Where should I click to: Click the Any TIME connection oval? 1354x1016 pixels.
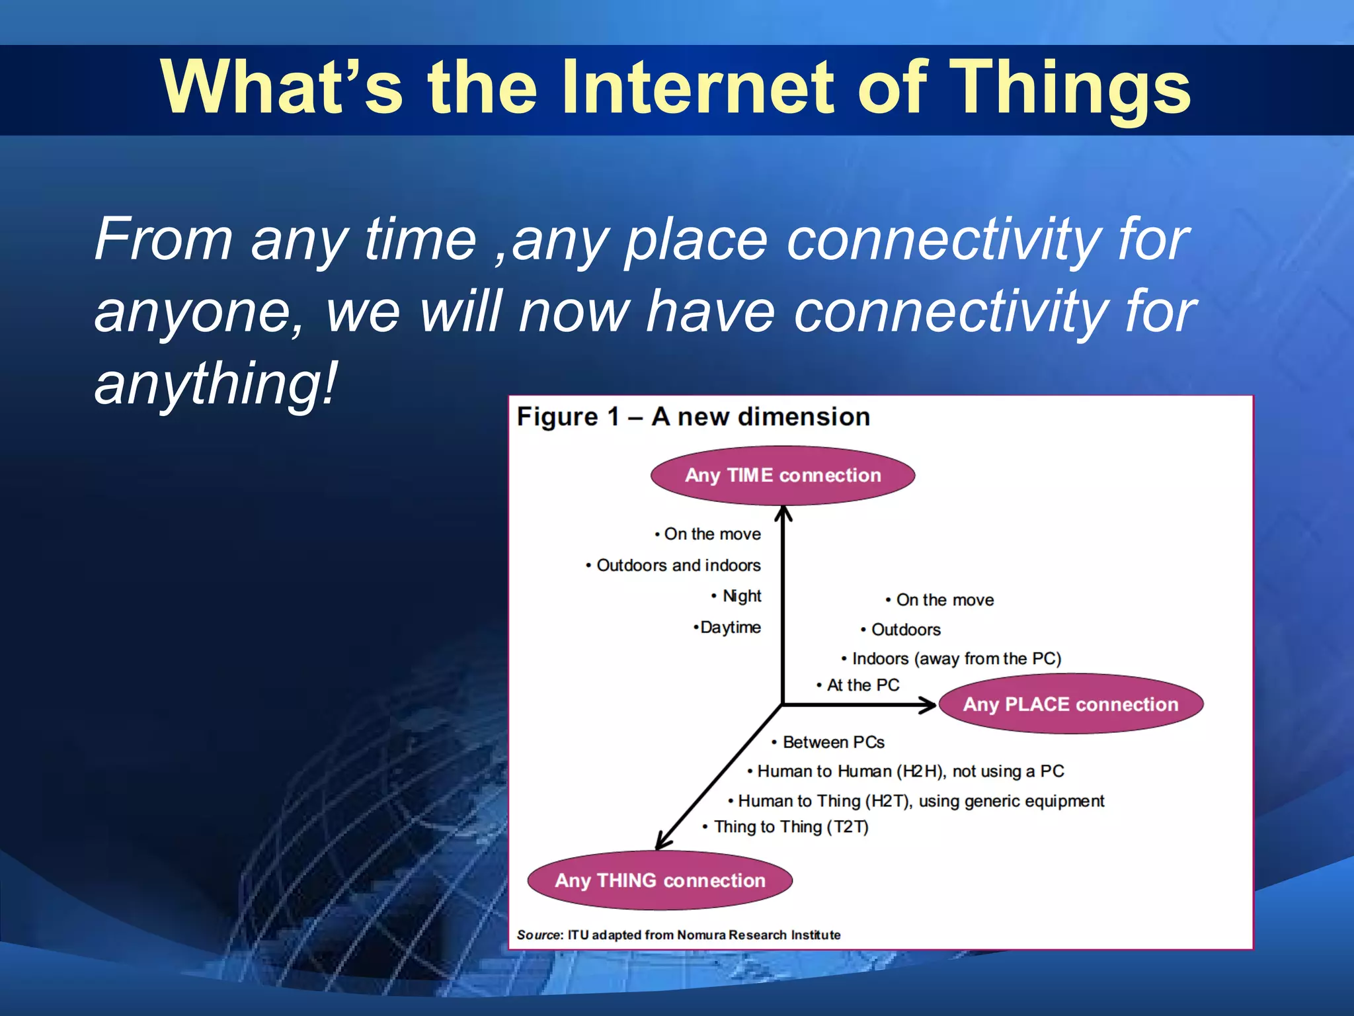[783, 476]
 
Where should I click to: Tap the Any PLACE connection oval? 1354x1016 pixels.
[1070, 704]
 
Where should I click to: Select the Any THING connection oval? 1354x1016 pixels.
[660, 880]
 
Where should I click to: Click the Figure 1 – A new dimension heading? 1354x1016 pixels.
[693, 417]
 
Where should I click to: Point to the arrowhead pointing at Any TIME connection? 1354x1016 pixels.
[783, 513]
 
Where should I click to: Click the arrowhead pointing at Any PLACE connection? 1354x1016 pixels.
[929, 705]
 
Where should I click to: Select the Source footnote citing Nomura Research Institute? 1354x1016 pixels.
[678, 935]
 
